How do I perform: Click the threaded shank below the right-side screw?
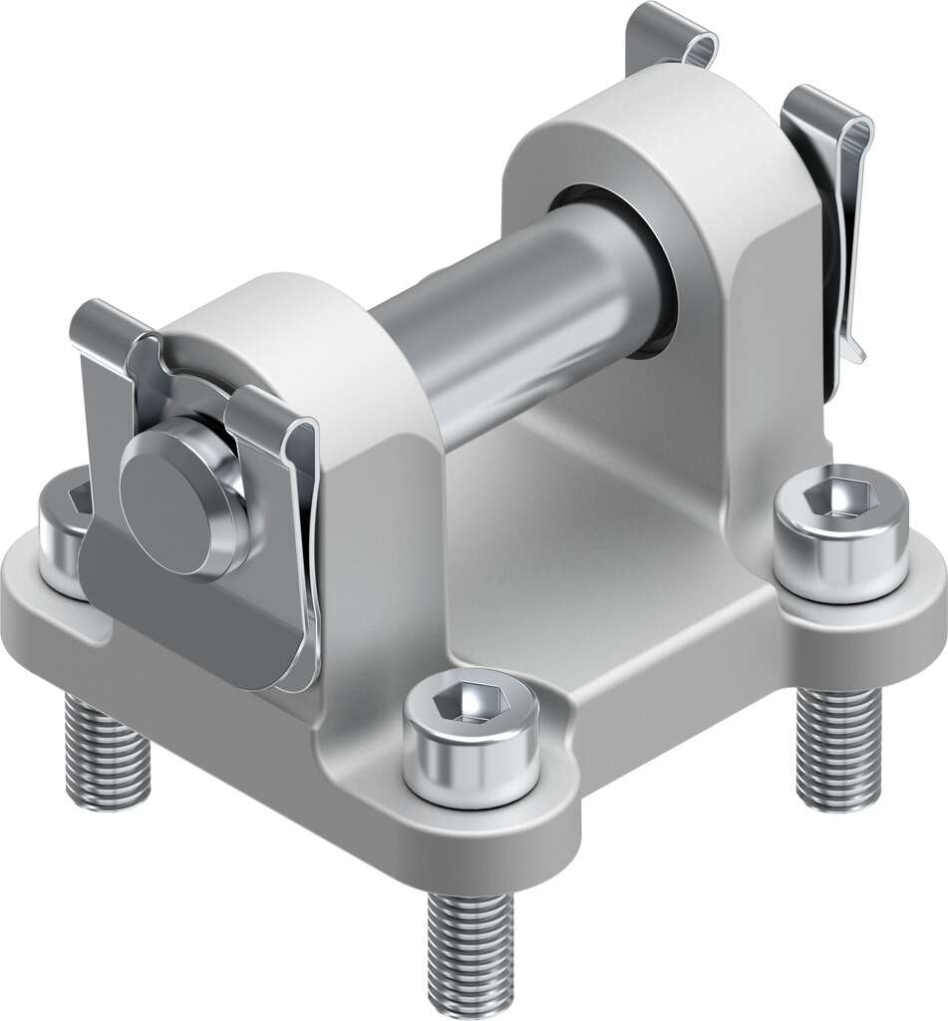click(x=839, y=748)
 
